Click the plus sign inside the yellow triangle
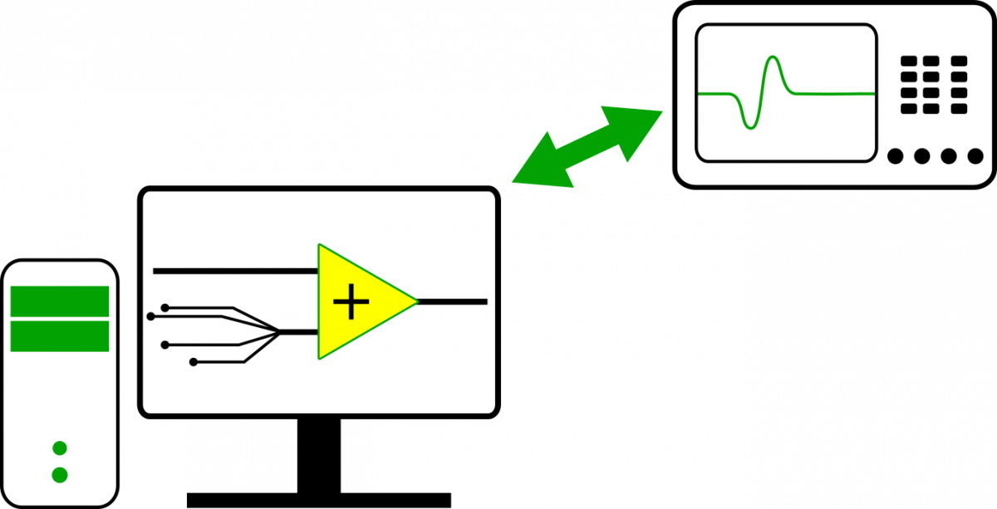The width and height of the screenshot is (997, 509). [351, 301]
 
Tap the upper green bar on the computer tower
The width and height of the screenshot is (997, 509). [60, 301]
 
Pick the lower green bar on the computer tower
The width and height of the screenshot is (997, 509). [60, 336]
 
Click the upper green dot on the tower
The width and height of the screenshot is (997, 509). [60, 448]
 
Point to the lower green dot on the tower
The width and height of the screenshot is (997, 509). [60, 475]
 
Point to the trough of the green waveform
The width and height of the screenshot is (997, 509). [750, 128]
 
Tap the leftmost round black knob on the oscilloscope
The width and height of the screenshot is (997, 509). [896, 156]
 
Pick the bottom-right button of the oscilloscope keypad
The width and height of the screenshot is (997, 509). [959, 108]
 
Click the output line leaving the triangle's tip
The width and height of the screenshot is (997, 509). [453, 301]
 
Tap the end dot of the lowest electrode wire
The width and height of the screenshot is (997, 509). [194, 362]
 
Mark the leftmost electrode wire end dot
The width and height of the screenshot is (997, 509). [150, 316]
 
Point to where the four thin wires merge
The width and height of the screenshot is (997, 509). [280, 332]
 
